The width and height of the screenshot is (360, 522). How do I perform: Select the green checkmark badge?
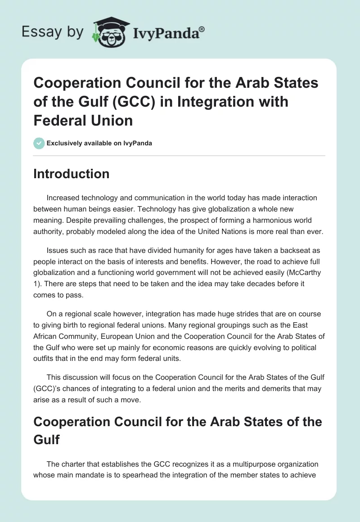[39, 144]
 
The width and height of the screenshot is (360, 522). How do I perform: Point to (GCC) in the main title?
[135, 102]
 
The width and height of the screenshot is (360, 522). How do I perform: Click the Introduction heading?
[72, 174]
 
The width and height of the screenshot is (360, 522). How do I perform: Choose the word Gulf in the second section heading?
[47, 439]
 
